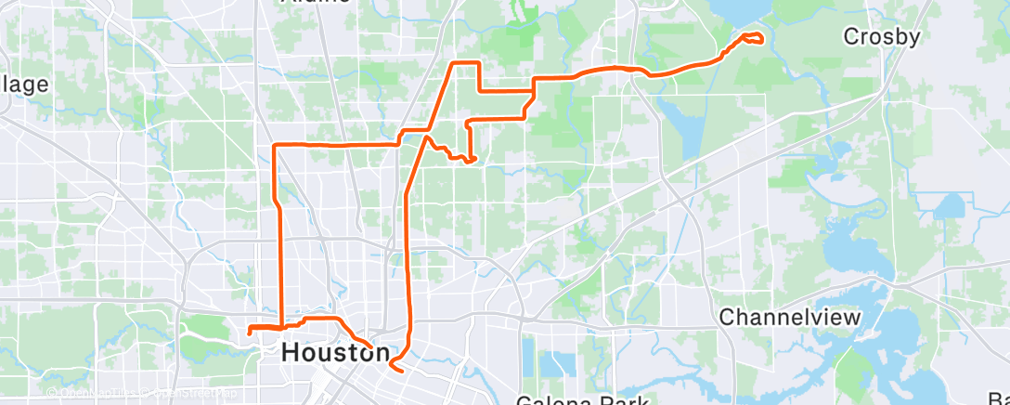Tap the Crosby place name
tap(881, 37)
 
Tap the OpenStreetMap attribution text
tap(194, 394)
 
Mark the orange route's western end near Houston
tap(250, 330)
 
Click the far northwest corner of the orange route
tap(274, 146)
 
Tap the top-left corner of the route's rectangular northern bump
tap(453, 63)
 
